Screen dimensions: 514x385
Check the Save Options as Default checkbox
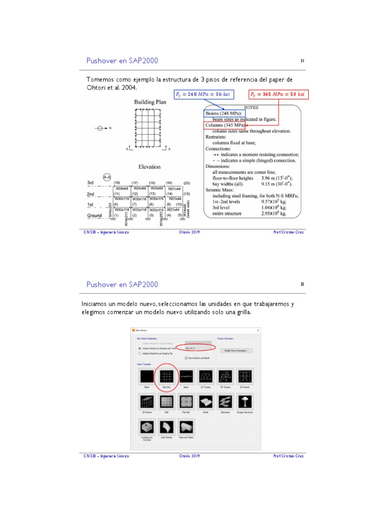click(x=186, y=358)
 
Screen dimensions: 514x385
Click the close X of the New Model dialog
click(x=258, y=330)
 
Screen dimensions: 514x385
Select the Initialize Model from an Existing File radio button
click(x=140, y=352)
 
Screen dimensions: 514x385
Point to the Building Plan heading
click(x=150, y=102)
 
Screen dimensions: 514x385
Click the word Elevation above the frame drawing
click(x=149, y=167)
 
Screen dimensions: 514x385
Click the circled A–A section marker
click(x=107, y=177)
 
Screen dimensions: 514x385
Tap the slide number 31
click(x=302, y=61)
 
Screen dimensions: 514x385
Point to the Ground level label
click(x=95, y=216)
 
